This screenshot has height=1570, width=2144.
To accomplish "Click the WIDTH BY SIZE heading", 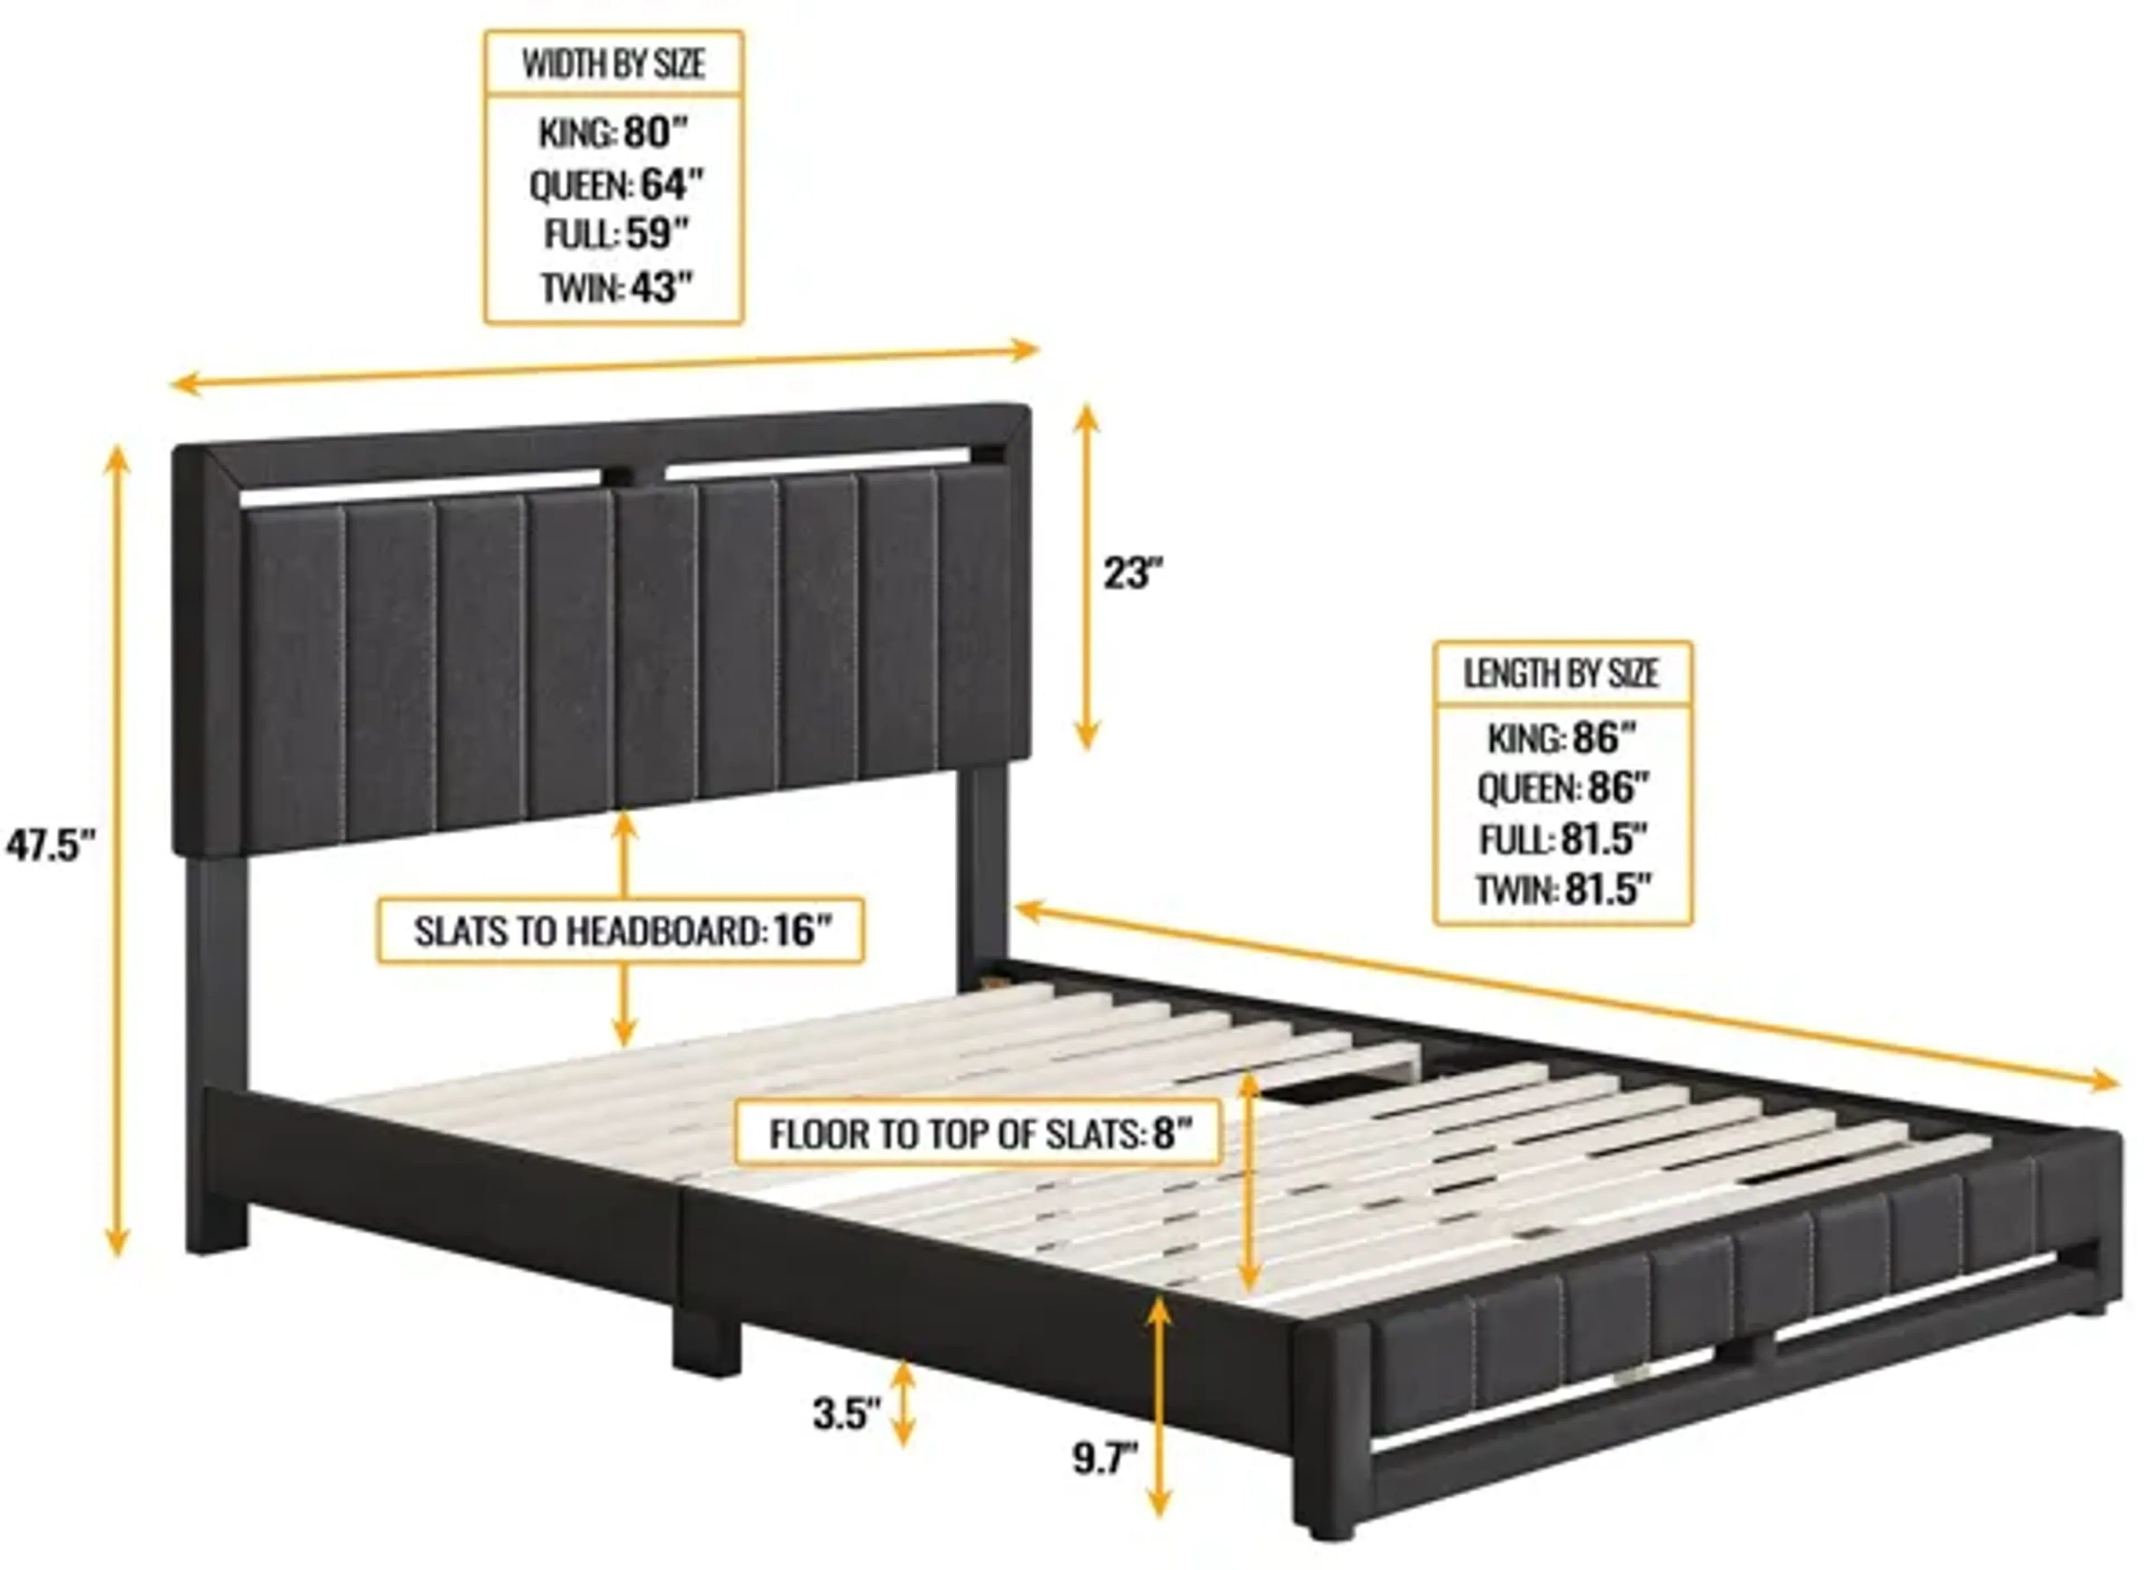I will point(613,64).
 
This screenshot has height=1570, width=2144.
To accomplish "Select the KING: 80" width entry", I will point(613,133).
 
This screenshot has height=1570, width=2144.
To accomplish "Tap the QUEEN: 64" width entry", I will point(616,184).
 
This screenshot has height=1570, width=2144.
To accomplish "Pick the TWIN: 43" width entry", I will point(616,287).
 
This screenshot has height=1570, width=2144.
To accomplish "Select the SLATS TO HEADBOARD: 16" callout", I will point(620,930).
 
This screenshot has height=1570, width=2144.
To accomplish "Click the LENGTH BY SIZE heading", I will point(1562,673).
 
